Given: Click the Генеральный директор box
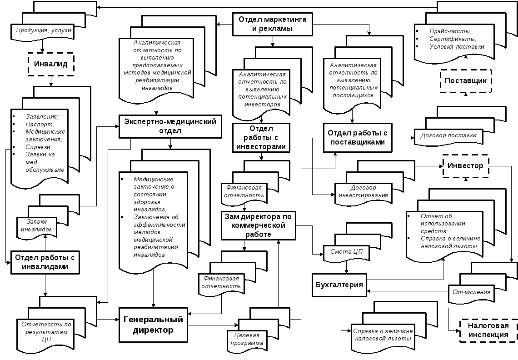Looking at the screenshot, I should (x=153, y=325).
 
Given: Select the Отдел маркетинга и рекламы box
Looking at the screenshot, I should (x=273, y=24).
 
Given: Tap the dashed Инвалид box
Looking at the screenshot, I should (x=51, y=64).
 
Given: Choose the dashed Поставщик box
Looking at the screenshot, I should (x=466, y=81).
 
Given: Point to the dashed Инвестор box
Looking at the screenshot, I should (x=465, y=166).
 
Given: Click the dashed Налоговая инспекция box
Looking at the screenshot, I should (x=488, y=330).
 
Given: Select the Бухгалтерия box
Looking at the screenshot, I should (x=340, y=285).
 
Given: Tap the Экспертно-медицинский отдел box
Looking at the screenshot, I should (x=170, y=126).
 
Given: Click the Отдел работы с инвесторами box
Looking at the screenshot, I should (x=261, y=138).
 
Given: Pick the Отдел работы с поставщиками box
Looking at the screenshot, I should (x=358, y=138).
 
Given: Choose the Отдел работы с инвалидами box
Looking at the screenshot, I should (x=45, y=262).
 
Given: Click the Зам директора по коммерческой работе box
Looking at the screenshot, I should (x=258, y=225).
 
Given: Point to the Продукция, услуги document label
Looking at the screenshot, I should (x=44, y=31).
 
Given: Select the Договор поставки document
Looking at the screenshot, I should (x=448, y=135).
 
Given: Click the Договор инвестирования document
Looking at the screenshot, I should (x=363, y=191).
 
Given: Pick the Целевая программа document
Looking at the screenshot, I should (x=247, y=339).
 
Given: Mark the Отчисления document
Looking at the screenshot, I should (x=471, y=292).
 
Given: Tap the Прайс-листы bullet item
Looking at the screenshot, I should (x=450, y=31).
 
